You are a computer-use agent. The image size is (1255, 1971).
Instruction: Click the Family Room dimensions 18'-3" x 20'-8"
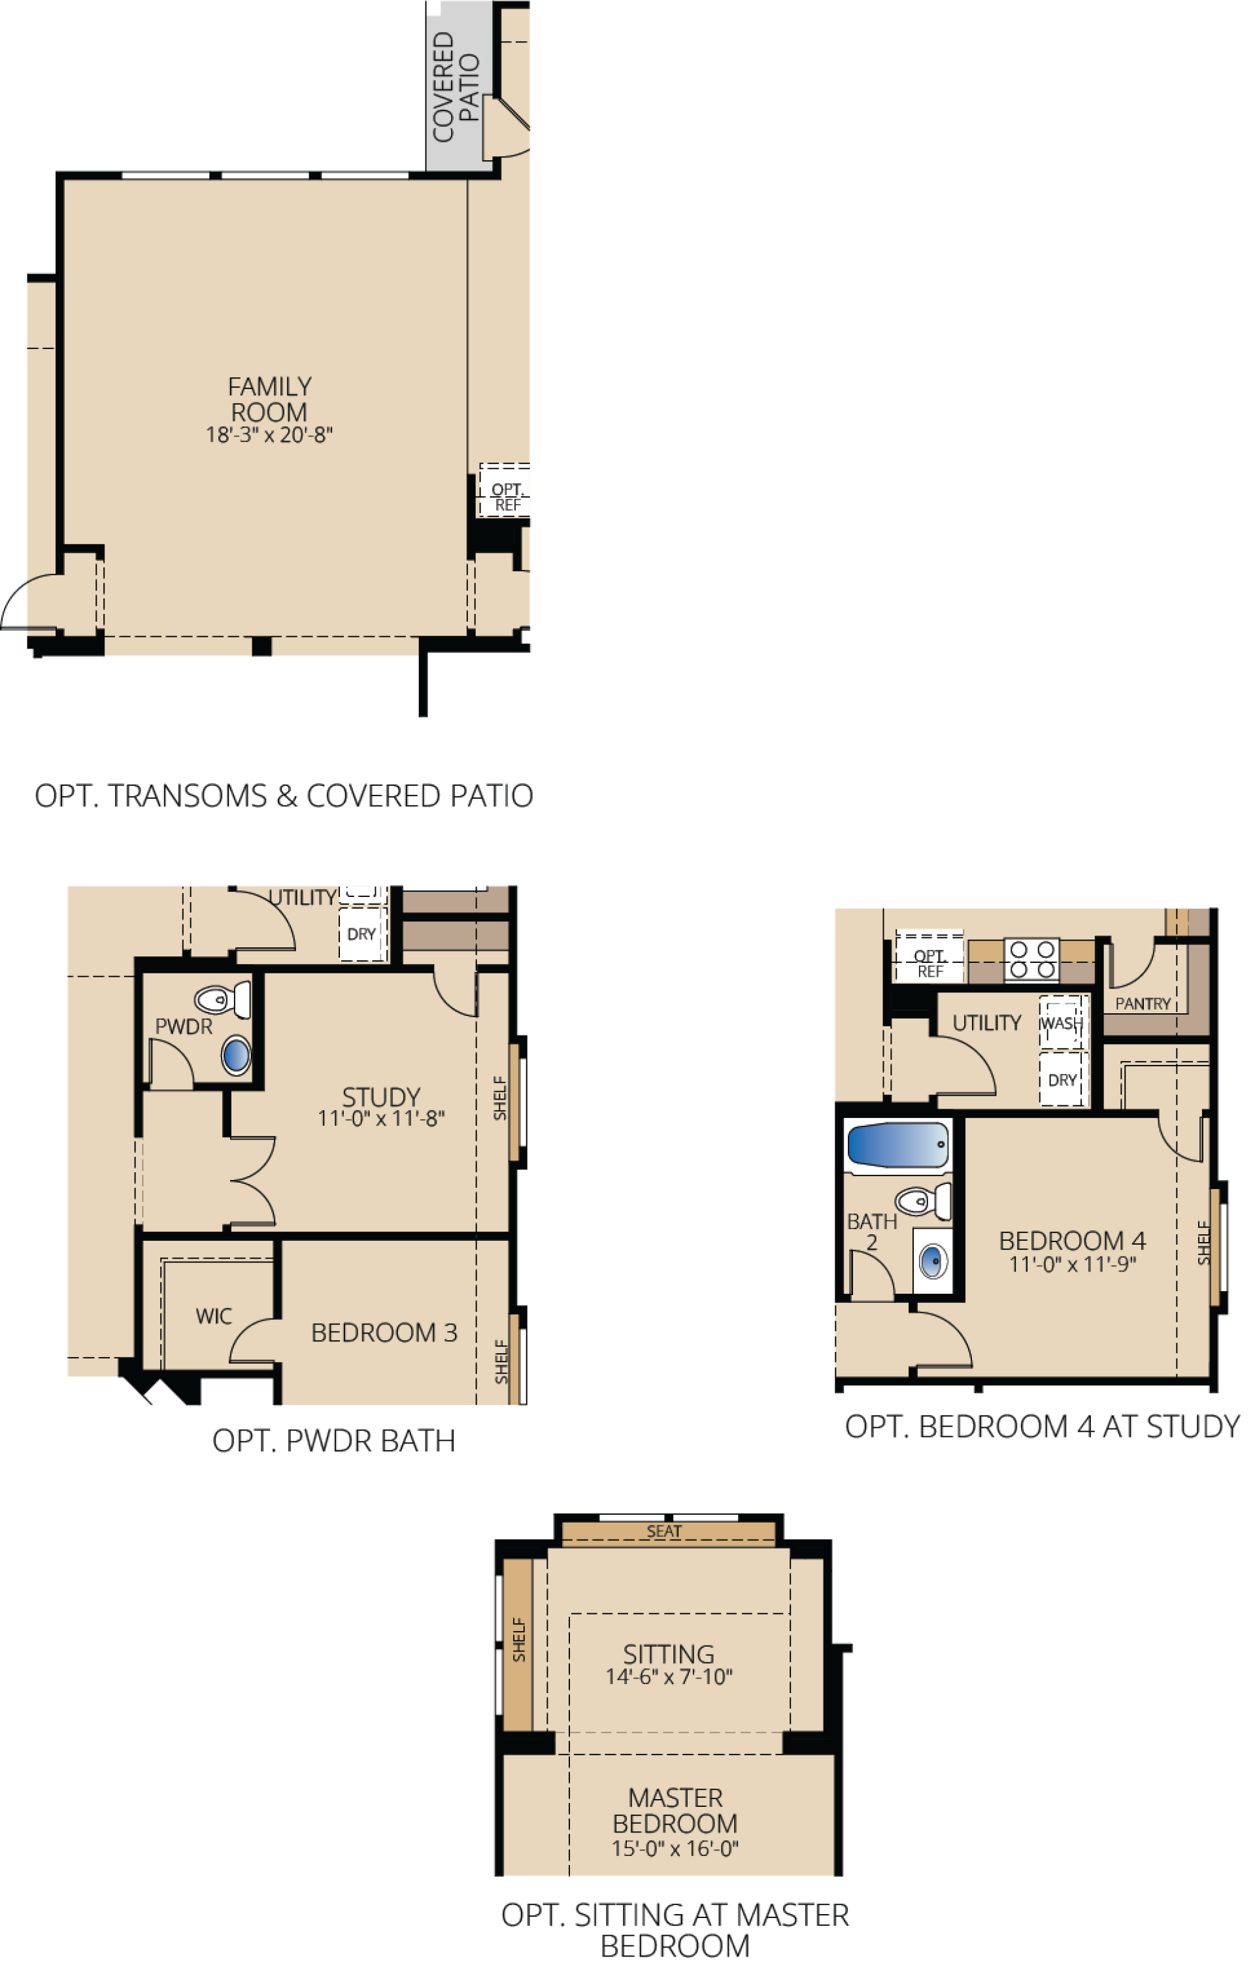tap(269, 435)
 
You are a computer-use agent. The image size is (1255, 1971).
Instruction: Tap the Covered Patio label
tap(455, 87)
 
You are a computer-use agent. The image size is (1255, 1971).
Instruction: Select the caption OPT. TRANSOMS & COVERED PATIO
tap(284, 796)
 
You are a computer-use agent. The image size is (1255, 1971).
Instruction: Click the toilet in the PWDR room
tap(222, 1000)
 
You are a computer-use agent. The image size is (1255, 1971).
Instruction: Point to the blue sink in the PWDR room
tap(236, 1055)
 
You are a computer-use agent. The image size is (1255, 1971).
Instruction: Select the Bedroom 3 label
tap(384, 1332)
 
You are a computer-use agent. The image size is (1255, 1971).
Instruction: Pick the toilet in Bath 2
tap(923, 1202)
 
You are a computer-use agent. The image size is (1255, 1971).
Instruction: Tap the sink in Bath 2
tap(933, 1261)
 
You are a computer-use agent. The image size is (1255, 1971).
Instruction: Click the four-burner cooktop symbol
tap(1031, 959)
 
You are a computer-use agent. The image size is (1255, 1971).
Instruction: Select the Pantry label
tap(1143, 1003)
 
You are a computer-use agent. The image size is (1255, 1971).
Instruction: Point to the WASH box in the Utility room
tap(1063, 1022)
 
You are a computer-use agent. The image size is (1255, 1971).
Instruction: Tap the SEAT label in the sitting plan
tap(664, 1532)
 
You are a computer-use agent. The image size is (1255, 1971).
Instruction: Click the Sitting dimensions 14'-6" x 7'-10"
tap(669, 1677)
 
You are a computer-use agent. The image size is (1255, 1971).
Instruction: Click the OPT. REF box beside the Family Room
tap(505, 490)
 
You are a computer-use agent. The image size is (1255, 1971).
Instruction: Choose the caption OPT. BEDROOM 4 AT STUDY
tap(1042, 1426)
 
